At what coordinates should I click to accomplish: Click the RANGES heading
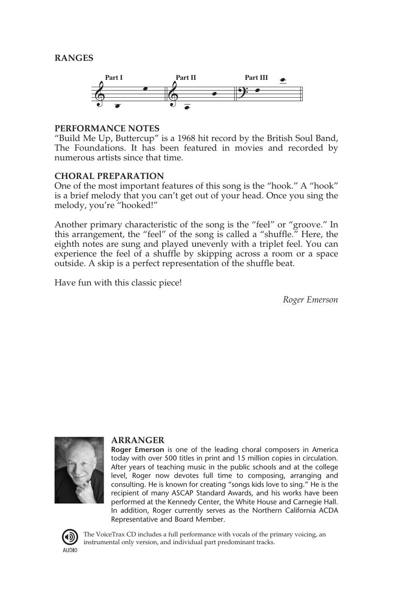click(74, 58)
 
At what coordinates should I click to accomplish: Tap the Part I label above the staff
click(114, 78)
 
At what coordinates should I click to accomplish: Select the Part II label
click(186, 78)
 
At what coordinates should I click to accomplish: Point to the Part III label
click(256, 78)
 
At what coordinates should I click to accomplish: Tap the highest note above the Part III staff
click(282, 81)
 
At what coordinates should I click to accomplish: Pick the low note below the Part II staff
click(186, 108)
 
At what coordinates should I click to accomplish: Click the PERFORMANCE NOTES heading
click(107, 129)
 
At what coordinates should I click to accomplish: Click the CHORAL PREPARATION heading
click(109, 176)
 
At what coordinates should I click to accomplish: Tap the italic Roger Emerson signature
click(310, 299)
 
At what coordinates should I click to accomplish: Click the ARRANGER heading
click(137, 440)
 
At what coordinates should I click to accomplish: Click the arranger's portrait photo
click(79, 470)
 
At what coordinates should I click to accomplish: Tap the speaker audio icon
click(70, 537)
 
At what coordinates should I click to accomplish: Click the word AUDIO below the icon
click(70, 550)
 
